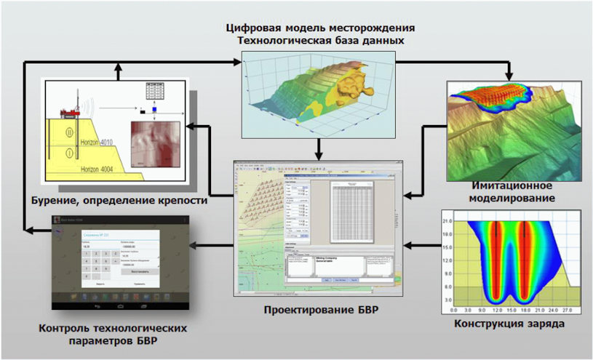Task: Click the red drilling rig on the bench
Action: [68, 112]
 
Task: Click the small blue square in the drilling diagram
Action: [143, 111]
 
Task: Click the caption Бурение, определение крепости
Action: [119, 199]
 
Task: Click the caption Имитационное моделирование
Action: [518, 191]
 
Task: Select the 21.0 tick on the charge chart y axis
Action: [448, 220]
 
